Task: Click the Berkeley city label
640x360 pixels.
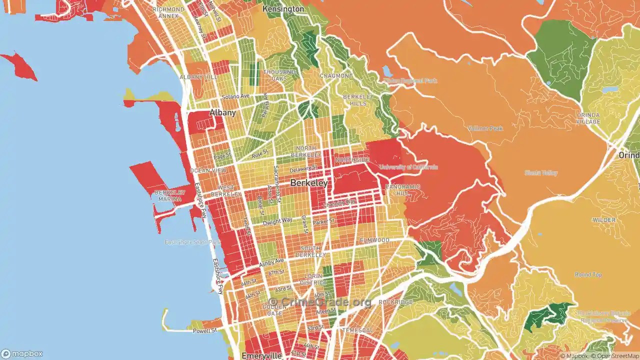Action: pos(309,183)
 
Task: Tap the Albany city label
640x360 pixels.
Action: pos(222,112)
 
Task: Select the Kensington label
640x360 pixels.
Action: pos(283,9)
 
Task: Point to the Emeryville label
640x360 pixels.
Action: pos(262,355)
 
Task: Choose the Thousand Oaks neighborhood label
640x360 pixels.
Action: pos(279,75)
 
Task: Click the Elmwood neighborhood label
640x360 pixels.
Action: pos(374,240)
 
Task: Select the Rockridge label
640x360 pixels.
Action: pos(395,302)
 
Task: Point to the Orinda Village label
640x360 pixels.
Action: pos(588,118)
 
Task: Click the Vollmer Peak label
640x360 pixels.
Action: pos(485,128)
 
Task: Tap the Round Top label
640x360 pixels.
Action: pos(588,274)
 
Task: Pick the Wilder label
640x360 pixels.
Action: pos(604,220)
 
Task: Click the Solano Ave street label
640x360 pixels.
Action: pos(236,96)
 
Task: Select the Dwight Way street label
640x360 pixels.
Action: pos(277,220)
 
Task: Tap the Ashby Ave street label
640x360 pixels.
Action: pos(271,261)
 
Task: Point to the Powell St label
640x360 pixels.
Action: pos(205,330)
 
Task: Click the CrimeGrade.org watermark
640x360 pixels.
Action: pos(320,302)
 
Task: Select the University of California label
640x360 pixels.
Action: pos(408,167)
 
